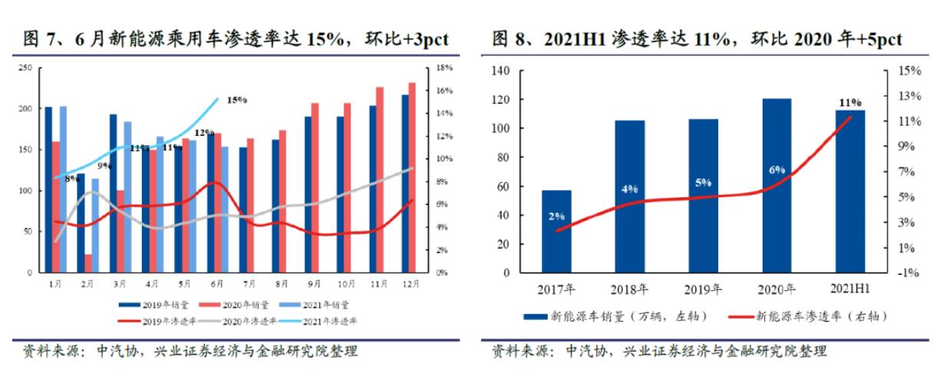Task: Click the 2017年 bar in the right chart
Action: [556, 231]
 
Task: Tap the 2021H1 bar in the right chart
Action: [849, 191]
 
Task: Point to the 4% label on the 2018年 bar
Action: [630, 188]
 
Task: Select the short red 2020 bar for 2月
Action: [88, 263]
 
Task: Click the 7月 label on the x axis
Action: [249, 283]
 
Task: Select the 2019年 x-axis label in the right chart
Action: [703, 289]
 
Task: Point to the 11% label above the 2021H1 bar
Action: [850, 102]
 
